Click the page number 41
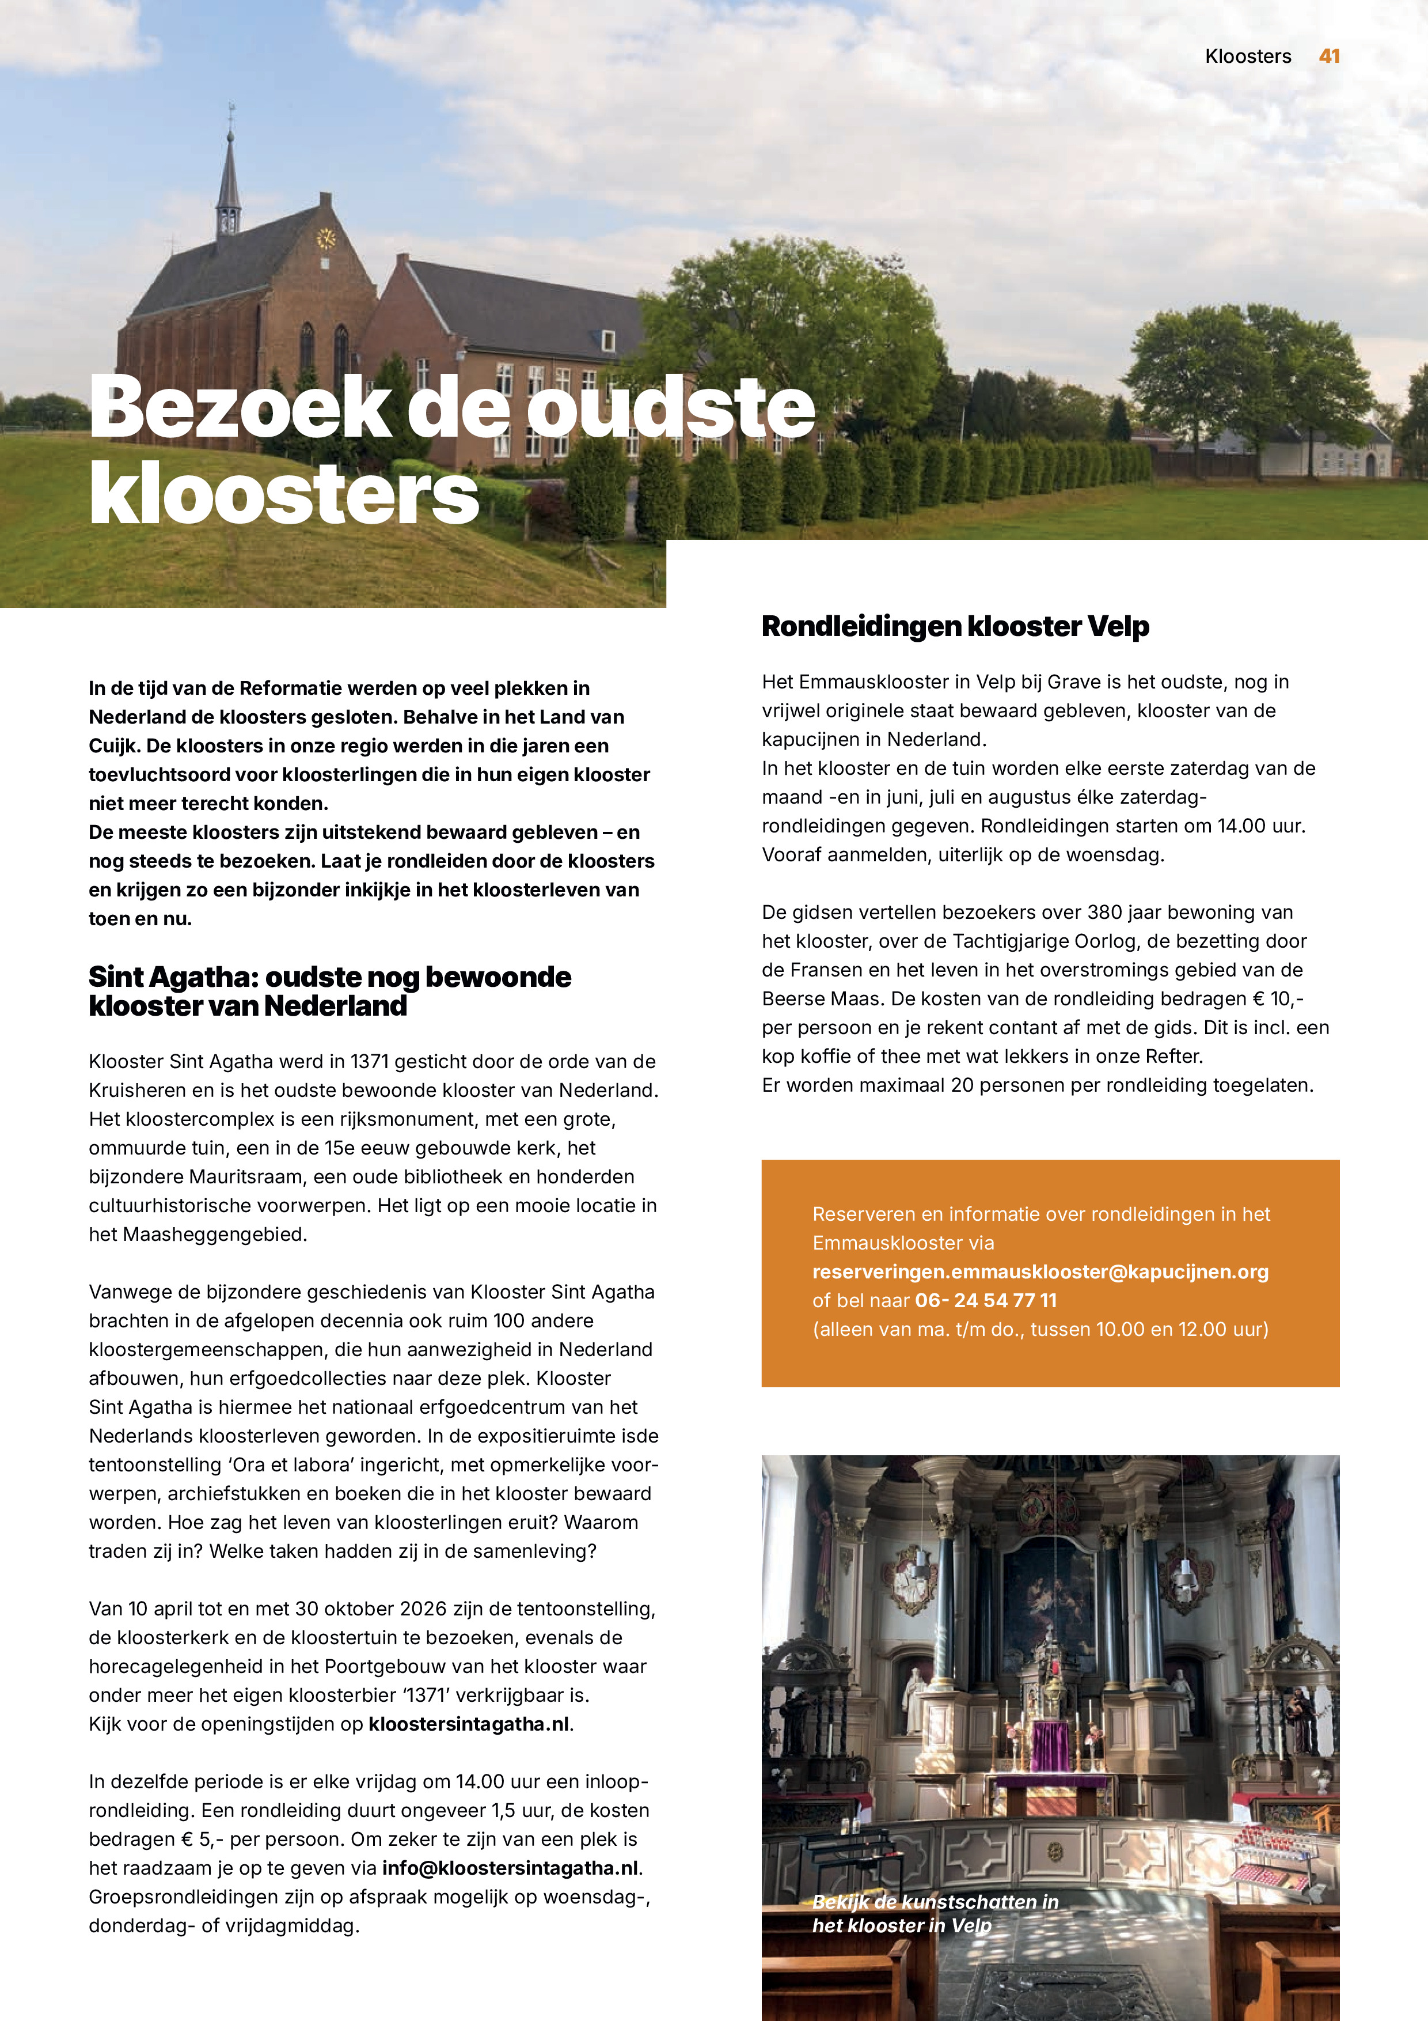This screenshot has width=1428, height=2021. tap(1328, 56)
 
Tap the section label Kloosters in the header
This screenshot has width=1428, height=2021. tap(1248, 56)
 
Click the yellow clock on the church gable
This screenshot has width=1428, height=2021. tap(325, 238)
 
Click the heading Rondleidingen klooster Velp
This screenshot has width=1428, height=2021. tap(955, 627)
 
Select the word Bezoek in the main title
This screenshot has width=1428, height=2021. tap(240, 407)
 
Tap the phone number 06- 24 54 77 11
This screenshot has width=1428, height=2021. tap(985, 1300)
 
